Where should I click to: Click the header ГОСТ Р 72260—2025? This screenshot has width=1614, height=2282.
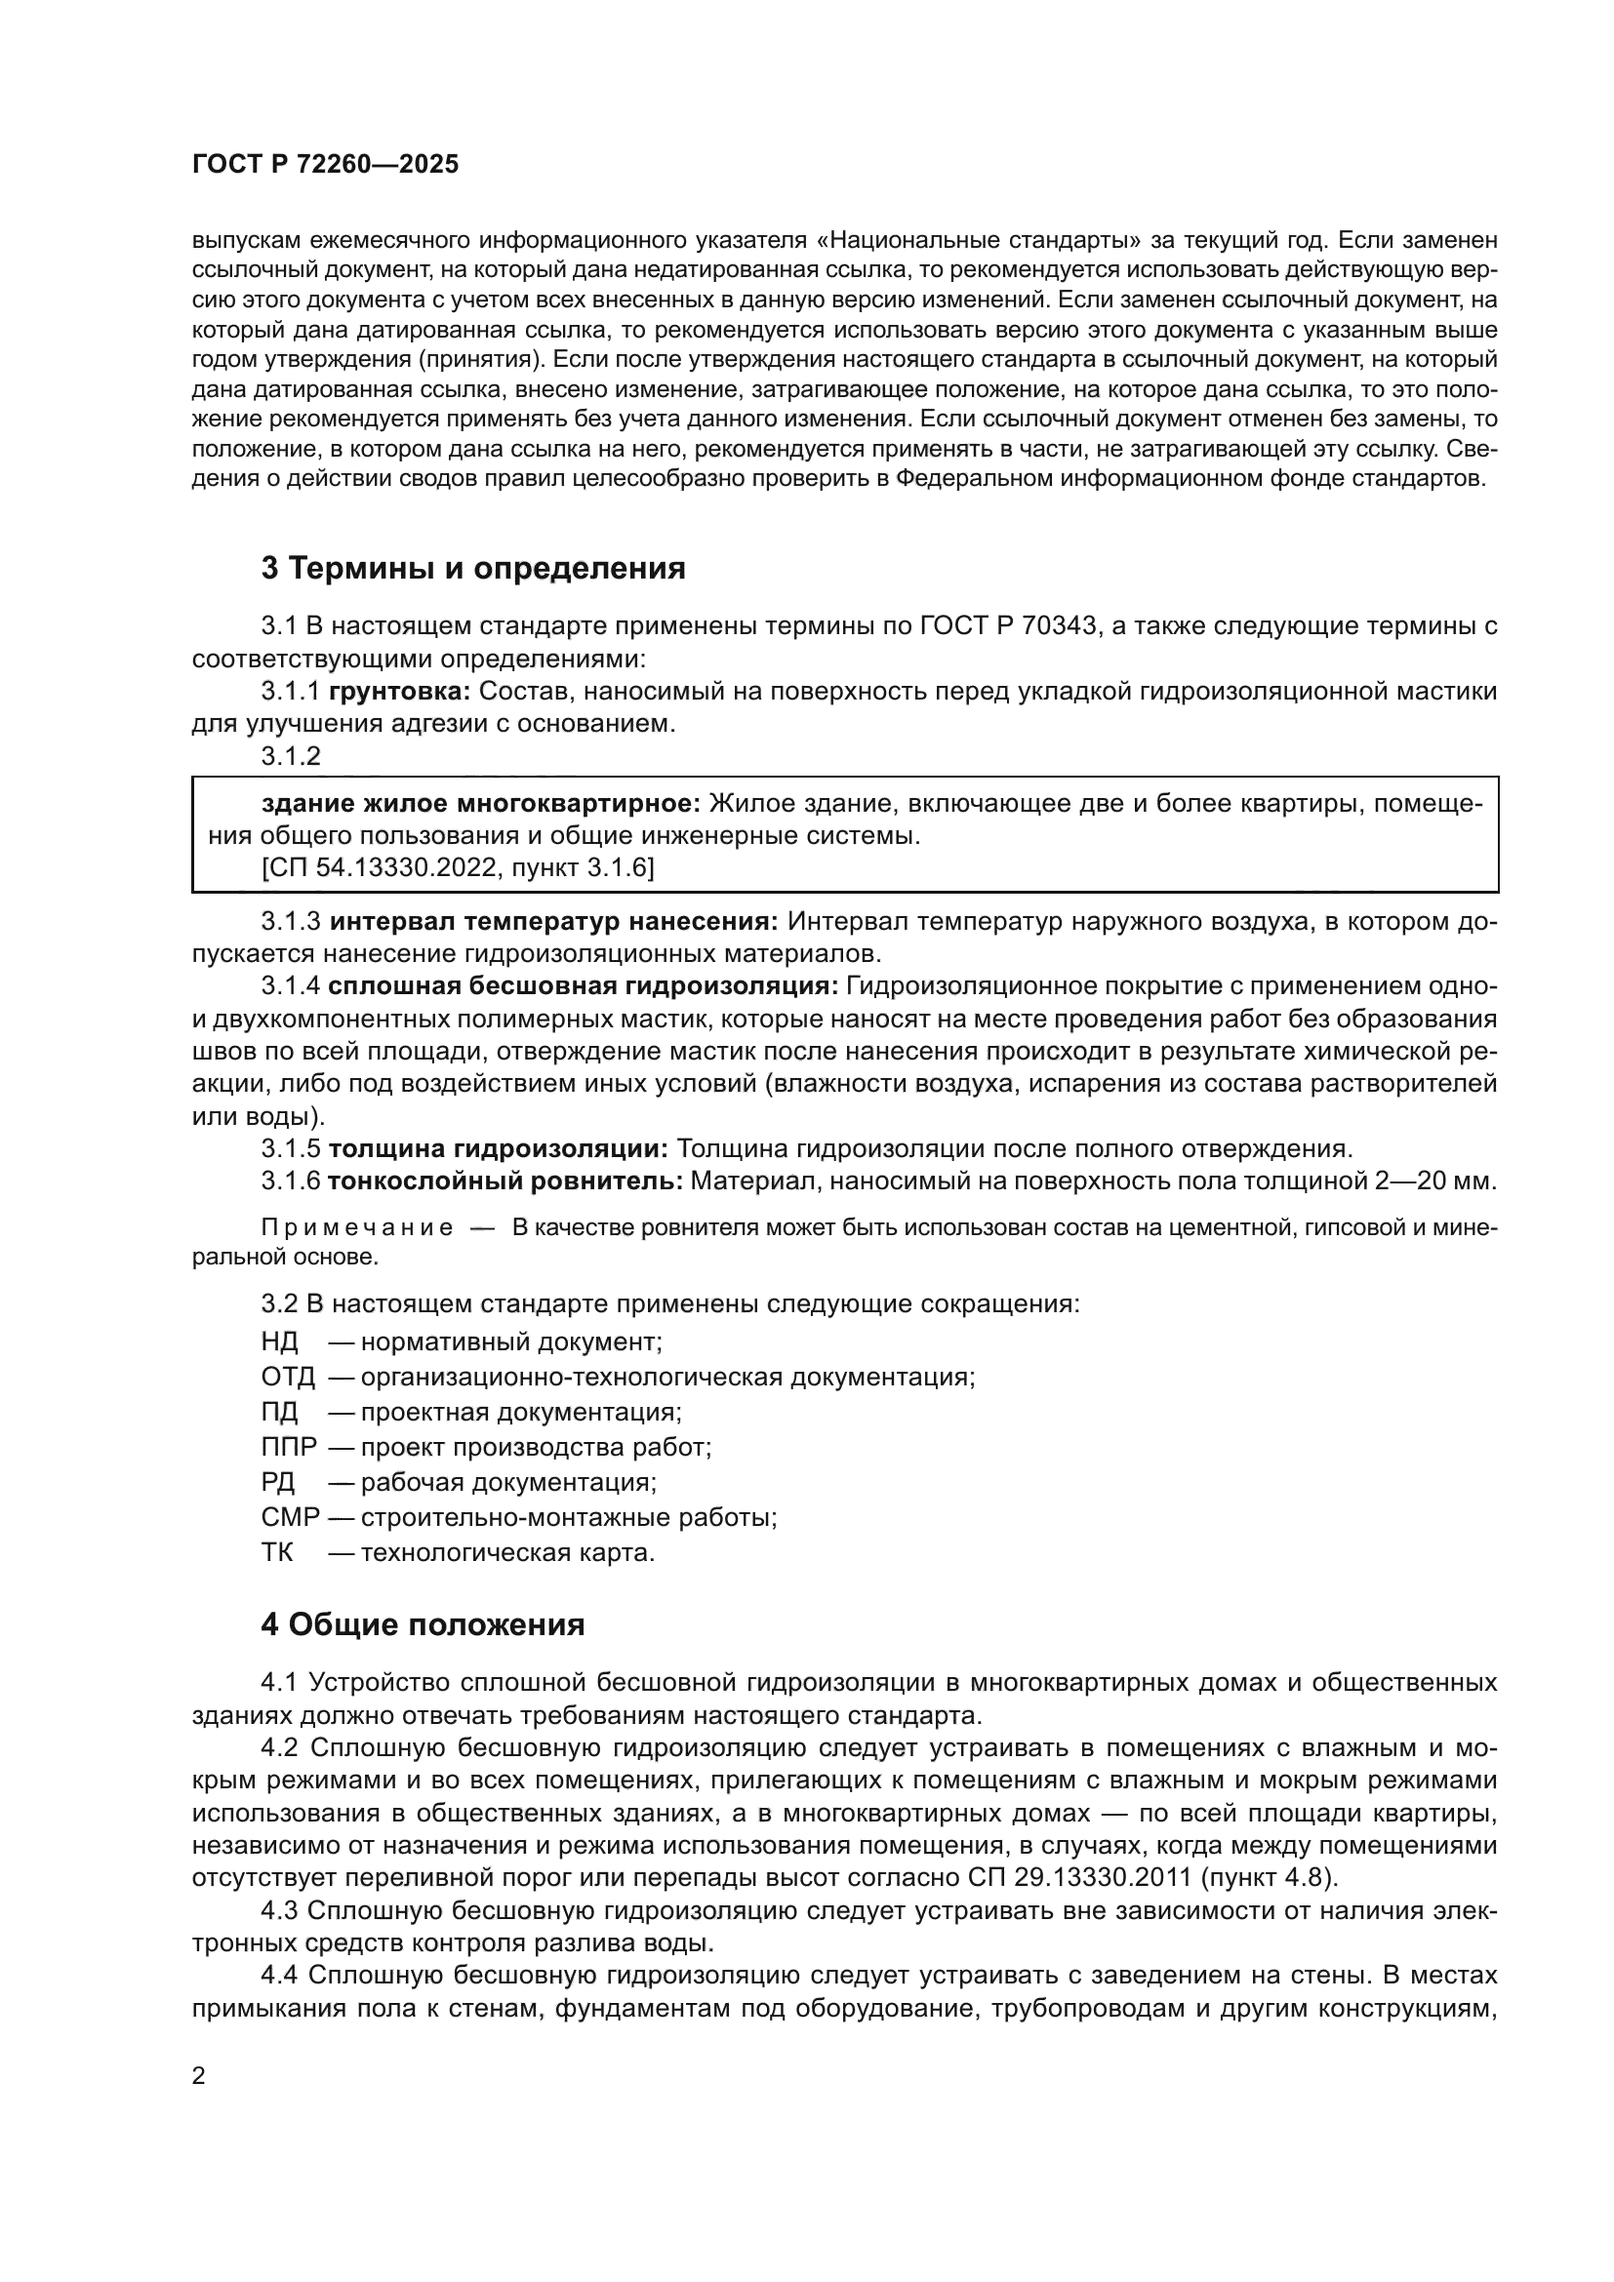(325, 165)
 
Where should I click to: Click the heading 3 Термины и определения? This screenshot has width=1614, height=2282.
(473, 569)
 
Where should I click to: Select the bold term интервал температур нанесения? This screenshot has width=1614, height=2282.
(553, 921)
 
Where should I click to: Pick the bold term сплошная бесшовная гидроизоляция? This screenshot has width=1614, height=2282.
(584, 986)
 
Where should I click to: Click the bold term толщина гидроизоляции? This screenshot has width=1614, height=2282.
(498, 1149)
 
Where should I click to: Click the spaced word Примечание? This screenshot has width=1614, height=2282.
(357, 1227)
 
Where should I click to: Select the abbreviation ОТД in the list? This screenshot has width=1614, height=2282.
(288, 1378)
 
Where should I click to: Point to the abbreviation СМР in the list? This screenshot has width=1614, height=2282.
(290, 1518)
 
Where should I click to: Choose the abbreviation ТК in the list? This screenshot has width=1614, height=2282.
(277, 1552)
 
